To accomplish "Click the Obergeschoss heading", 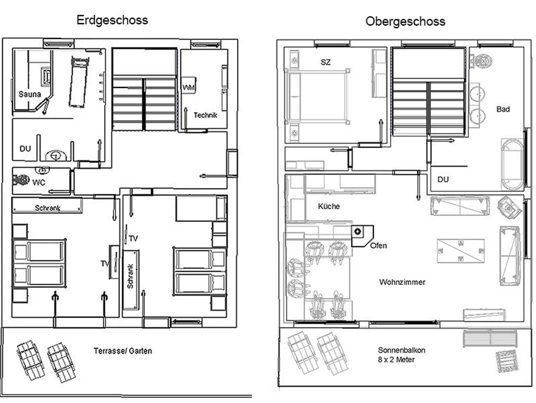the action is click(405, 21).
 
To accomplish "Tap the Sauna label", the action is click(30, 94).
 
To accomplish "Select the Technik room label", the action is click(205, 115).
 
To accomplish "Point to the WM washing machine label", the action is click(188, 87).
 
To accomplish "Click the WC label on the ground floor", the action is click(39, 182).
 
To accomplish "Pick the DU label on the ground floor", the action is click(25, 149).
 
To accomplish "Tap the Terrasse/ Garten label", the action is click(123, 351).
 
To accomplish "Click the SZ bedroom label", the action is click(326, 62).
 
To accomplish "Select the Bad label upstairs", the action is click(503, 109).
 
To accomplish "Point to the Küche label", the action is click(329, 206).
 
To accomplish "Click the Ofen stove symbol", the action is click(358, 232).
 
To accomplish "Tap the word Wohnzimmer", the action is click(402, 282).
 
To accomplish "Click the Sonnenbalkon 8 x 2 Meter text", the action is click(401, 355).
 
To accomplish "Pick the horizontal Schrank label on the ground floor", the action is click(48, 208).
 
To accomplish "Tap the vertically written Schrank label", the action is click(130, 276).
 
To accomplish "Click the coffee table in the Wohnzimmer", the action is click(461, 251).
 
